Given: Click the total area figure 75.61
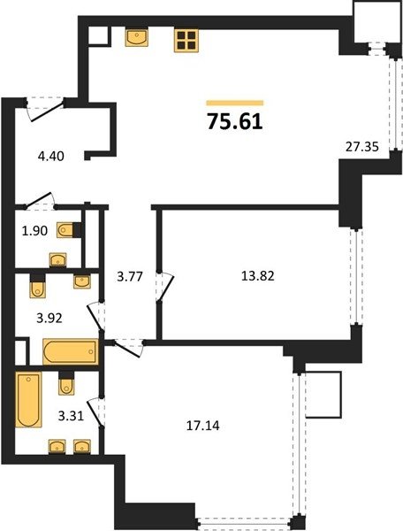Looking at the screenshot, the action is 235,121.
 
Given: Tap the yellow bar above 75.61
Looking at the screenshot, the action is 235,103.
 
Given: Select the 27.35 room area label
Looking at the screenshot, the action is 362,147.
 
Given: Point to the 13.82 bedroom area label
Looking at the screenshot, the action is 258,276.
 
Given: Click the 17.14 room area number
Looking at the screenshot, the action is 203,426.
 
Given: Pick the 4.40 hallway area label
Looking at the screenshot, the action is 51,157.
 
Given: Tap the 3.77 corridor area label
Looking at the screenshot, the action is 130,277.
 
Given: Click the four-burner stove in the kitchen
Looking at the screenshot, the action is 186,41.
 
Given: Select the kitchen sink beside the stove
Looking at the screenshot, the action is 137,37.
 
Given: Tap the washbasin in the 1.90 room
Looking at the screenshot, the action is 57,260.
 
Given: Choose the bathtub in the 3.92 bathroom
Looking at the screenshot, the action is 71,352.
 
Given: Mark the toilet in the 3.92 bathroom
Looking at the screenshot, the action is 37,286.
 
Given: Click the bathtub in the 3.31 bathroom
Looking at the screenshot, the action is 29,400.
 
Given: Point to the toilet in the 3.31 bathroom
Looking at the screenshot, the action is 66,382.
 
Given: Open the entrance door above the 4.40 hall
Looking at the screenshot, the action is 45,108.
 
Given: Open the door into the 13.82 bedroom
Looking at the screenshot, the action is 165,286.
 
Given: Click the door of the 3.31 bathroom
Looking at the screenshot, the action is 95,413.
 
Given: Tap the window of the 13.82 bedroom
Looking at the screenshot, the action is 356,277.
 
